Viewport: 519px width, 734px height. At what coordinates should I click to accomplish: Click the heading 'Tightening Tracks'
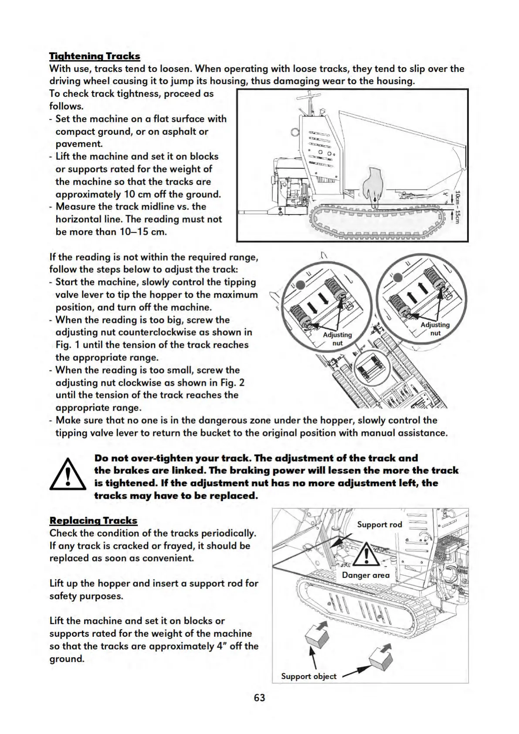(x=95, y=56)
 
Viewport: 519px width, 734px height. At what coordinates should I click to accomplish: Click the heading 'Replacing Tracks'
(x=93, y=520)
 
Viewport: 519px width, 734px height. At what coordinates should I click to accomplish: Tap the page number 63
(x=259, y=698)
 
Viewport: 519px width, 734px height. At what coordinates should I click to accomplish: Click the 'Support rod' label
(x=379, y=524)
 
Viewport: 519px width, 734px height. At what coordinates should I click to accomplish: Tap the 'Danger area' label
(x=366, y=575)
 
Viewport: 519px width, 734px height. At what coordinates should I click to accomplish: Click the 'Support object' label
(x=309, y=676)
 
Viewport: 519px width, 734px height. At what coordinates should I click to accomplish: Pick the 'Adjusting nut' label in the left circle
(x=337, y=339)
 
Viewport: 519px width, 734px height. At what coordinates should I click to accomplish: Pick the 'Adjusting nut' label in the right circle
(x=435, y=329)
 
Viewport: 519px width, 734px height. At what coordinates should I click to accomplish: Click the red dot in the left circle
(x=301, y=285)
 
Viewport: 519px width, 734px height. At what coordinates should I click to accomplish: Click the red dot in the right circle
(x=397, y=278)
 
